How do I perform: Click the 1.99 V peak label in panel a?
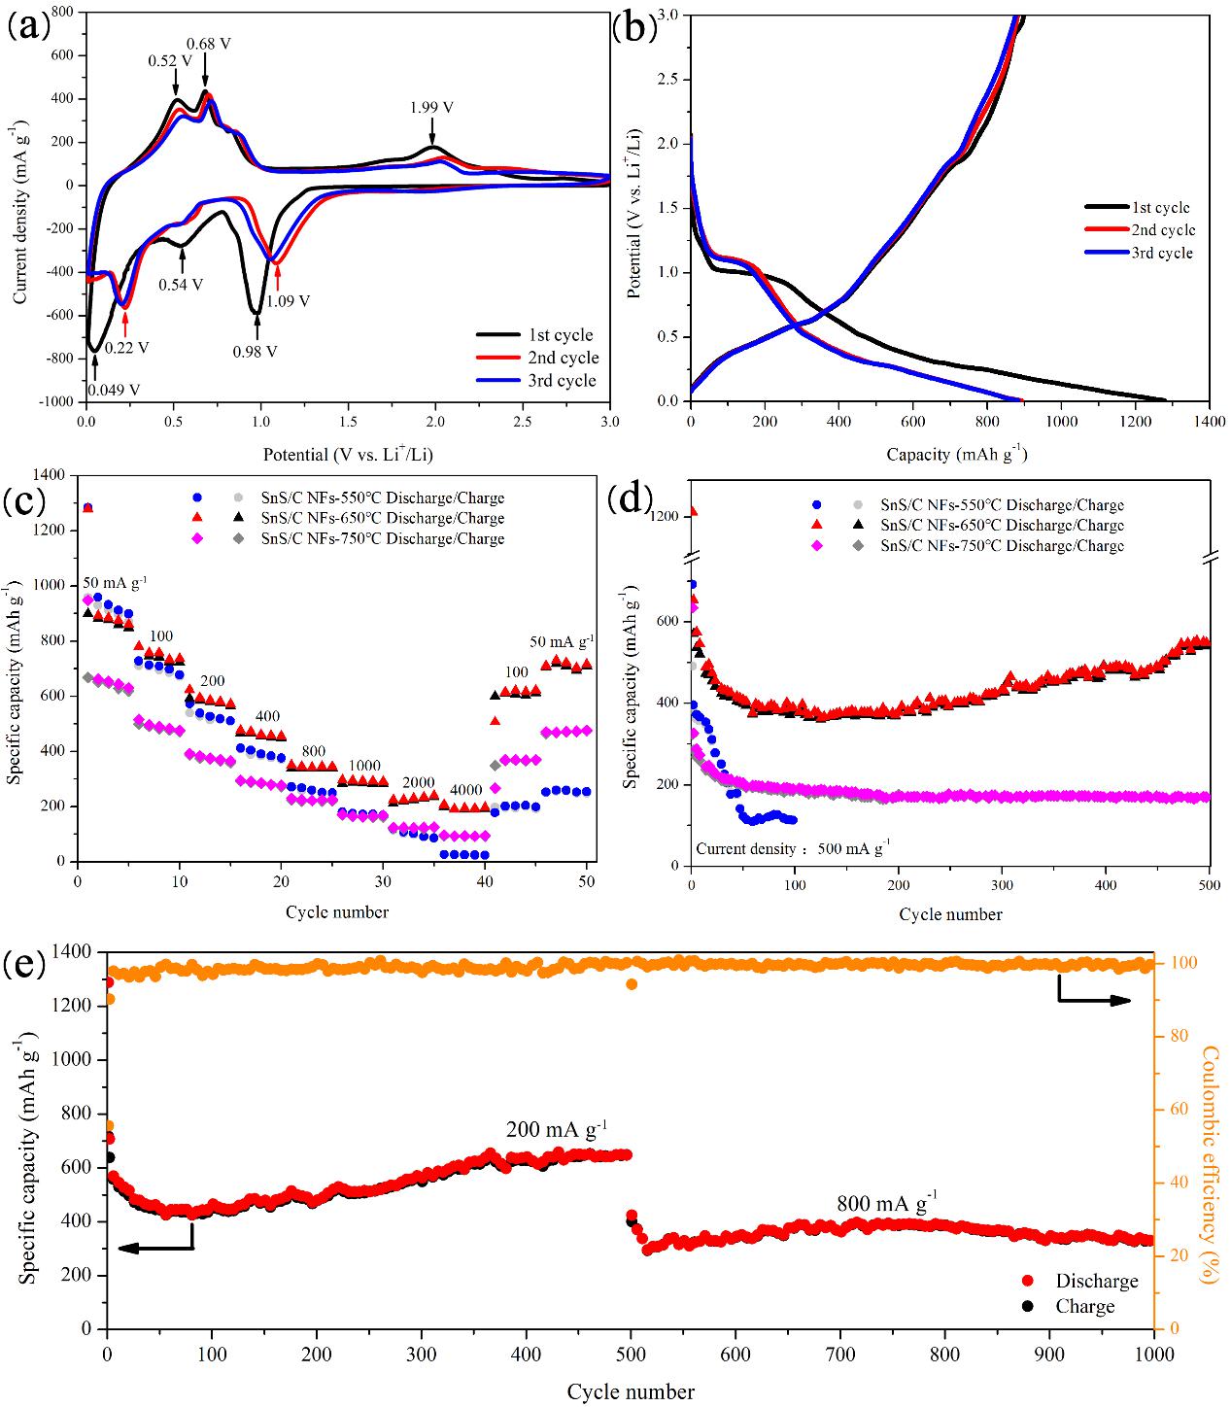[432, 108]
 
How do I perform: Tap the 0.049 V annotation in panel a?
[113, 391]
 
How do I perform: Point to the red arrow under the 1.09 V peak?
[278, 277]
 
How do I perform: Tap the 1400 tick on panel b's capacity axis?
[1209, 423]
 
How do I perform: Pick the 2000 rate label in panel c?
[418, 782]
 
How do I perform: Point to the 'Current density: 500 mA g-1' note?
[793, 848]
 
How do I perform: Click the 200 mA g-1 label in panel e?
[557, 1130]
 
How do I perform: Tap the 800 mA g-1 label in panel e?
[887, 1204]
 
